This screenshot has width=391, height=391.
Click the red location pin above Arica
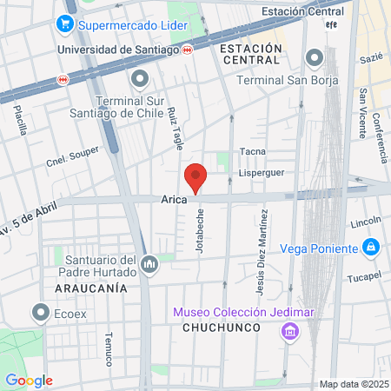click(x=196, y=176)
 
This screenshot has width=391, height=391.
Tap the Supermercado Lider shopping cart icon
click(x=65, y=24)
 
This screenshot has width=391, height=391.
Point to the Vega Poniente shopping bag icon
click(x=371, y=249)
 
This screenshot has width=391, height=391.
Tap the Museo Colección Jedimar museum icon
click(x=289, y=330)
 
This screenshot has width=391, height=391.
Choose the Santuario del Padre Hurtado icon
click(x=150, y=262)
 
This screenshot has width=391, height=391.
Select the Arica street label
click(x=174, y=199)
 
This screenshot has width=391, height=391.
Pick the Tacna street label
click(x=253, y=151)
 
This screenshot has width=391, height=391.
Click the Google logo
click(x=29, y=381)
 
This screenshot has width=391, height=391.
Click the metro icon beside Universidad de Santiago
click(x=188, y=50)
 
